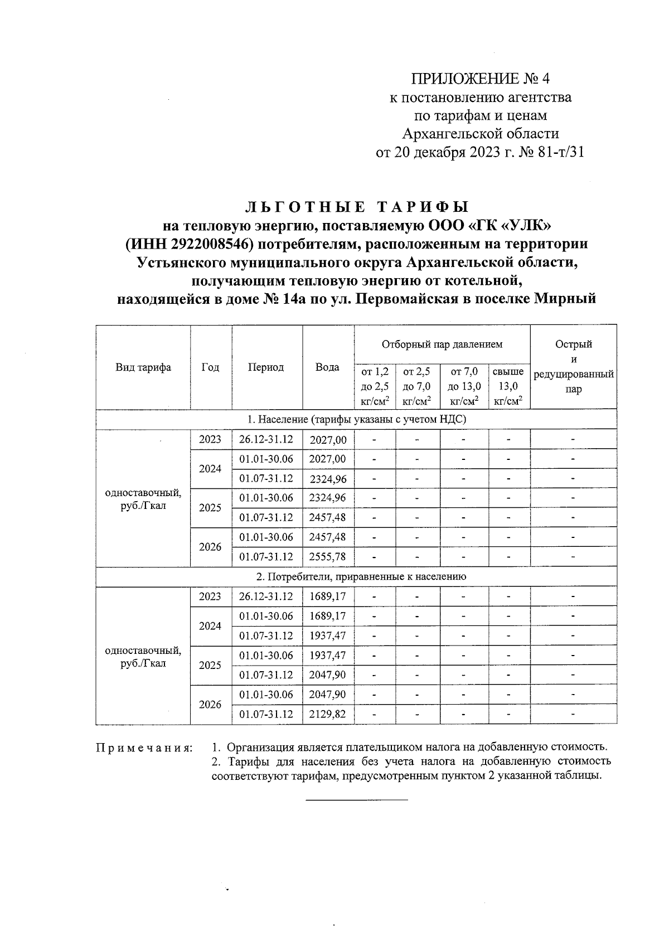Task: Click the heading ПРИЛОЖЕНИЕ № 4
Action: [x=480, y=78]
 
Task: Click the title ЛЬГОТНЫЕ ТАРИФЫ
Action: [x=357, y=207]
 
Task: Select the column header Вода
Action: [x=328, y=367]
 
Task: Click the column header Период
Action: [x=266, y=367]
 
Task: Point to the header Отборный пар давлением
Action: [x=442, y=345]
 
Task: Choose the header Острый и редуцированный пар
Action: [x=573, y=367]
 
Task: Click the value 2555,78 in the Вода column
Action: [x=328, y=556]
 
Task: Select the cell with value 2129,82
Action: [x=328, y=714]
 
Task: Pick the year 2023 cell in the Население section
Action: [x=210, y=440]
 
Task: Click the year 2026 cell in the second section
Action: [x=210, y=705]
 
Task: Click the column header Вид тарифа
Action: [x=143, y=367]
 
